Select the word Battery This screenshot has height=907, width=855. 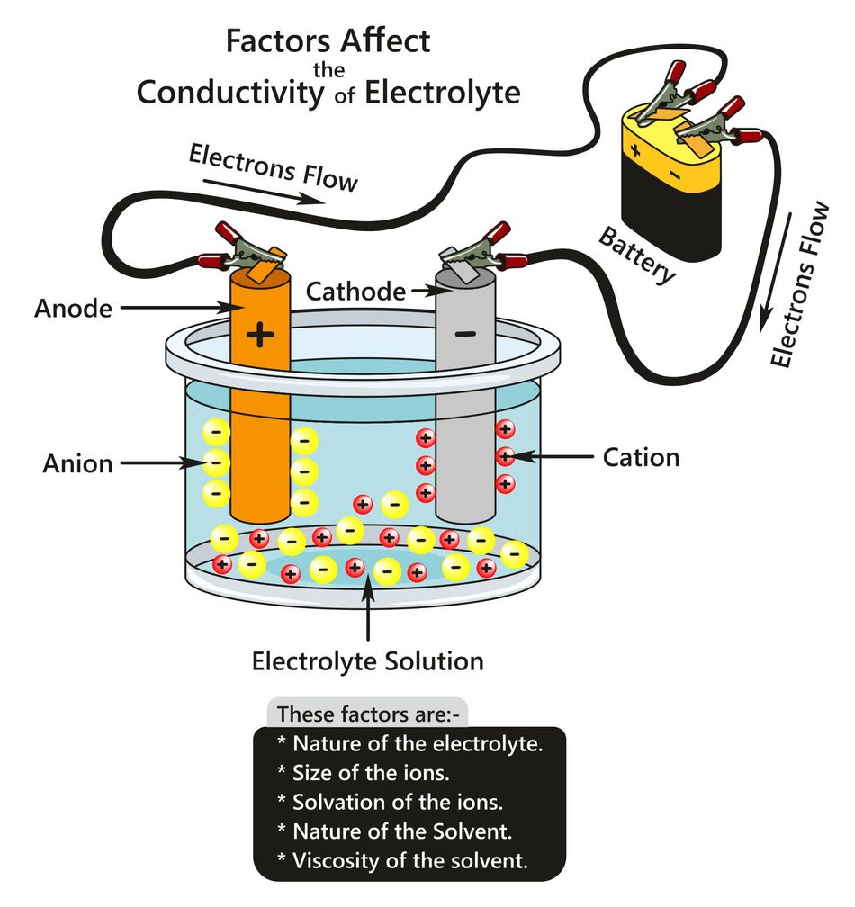click(638, 256)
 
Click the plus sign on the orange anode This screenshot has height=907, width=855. click(261, 336)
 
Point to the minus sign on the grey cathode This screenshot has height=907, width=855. click(465, 334)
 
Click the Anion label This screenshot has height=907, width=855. click(78, 464)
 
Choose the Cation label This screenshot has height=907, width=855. click(641, 457)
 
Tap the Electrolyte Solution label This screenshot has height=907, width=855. click(367, 662)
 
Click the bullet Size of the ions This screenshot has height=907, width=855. click(364, 771)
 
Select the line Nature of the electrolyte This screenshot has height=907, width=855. click(410, 743)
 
